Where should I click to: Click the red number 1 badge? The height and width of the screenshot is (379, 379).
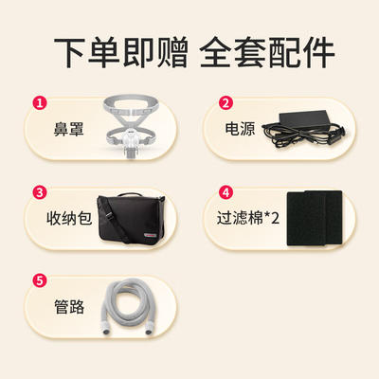[40, 103]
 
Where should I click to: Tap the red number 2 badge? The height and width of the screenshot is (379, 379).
[226, 103]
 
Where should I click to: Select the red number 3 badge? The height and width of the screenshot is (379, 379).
[40, 192]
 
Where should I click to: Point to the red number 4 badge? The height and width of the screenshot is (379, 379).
[226, 192]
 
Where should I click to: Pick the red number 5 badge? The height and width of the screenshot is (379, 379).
[40, 280]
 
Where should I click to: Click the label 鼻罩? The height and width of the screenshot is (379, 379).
[68, 129]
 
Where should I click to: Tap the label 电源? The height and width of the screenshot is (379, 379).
[240, 129]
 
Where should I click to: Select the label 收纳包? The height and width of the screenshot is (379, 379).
[69, 218]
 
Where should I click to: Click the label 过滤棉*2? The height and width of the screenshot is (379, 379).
[248, 218]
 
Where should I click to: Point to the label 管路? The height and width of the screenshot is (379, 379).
[69, 307]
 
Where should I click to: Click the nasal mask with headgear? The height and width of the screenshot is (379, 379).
[131, 126]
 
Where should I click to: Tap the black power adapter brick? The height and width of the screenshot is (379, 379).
[304, 119]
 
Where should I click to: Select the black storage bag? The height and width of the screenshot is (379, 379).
[131, 219]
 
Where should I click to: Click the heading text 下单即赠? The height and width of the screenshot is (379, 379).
[121, 52]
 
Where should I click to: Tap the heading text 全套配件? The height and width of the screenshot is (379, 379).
[267, 52]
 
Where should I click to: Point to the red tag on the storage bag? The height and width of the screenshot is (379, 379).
[151, 235]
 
